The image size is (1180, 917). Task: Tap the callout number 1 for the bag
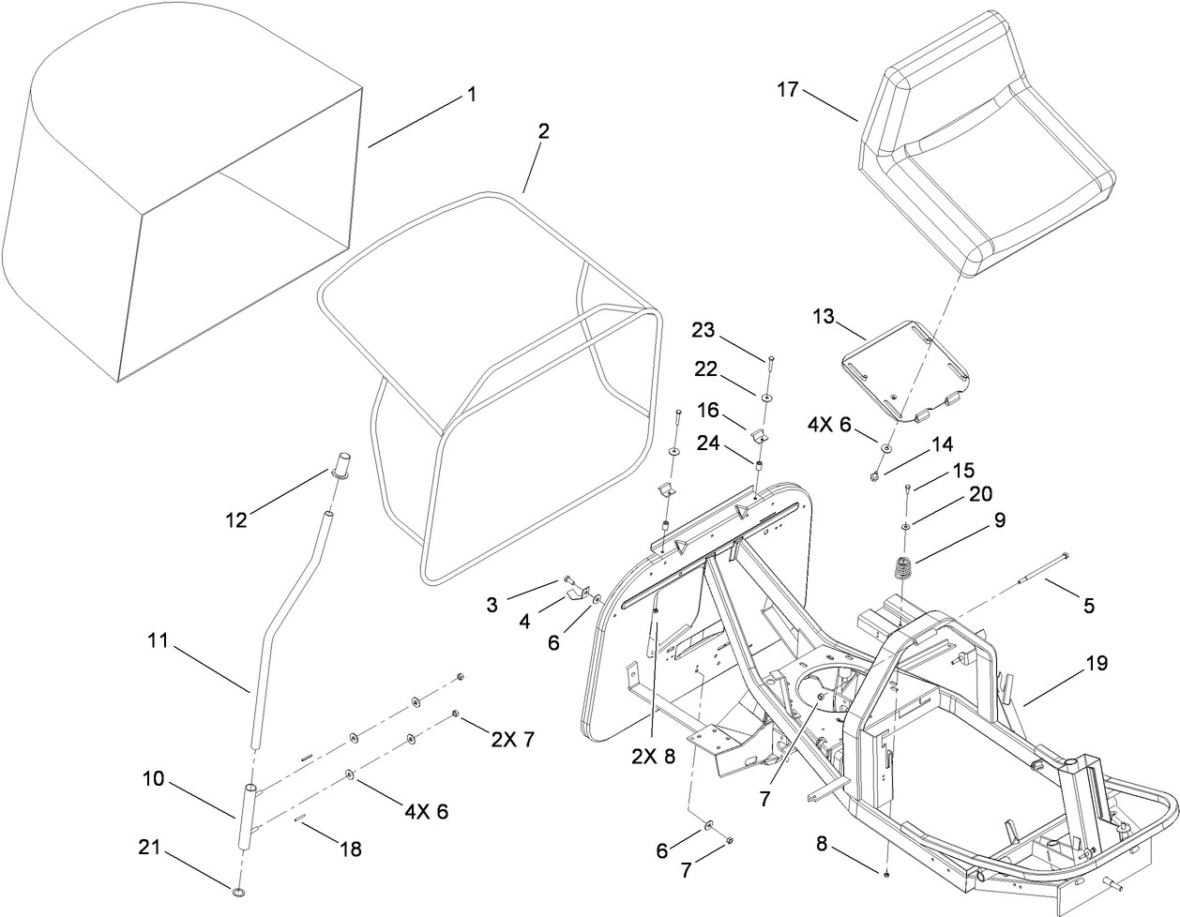(472, 95)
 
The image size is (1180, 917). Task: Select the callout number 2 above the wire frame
(543, 131)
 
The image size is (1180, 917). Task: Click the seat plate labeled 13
(903, 370)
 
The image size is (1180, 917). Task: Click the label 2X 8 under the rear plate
(654, 757)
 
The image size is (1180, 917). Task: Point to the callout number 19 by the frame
(1097, 664)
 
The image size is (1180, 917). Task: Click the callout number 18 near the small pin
(349, 849)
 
